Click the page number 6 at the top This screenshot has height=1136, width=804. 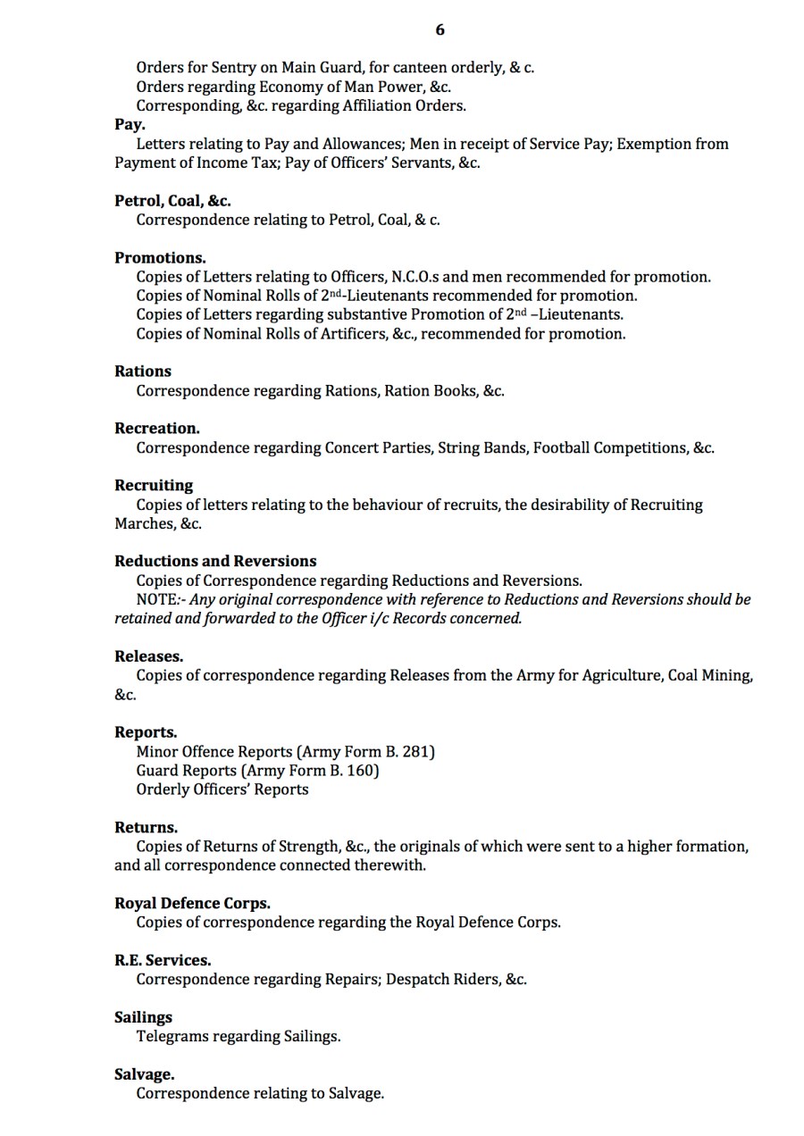[x=440, y=30]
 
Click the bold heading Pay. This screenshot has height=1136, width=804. [x=130, y=125]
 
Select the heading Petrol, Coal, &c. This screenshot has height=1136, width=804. [x=172, y=201]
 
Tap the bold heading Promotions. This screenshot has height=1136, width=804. [x=160, y=258]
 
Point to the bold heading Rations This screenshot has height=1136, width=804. [x=143, y=372]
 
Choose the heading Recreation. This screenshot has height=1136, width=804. [x=157, y=429]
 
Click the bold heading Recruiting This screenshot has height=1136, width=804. [x=154, y=486]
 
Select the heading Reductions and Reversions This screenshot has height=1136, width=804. [x=215, y=562]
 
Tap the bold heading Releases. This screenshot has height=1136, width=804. [x=148, y=657]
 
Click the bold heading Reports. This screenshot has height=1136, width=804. [x=146, y=733]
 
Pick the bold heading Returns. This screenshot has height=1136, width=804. [x=146, y=828]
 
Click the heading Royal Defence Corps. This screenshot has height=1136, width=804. [x=192, y=904]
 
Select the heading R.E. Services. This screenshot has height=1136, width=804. [x=163, y=961]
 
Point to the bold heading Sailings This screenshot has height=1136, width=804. [x=143, y=1018]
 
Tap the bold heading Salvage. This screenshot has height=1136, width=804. [x=144, y=1075]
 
